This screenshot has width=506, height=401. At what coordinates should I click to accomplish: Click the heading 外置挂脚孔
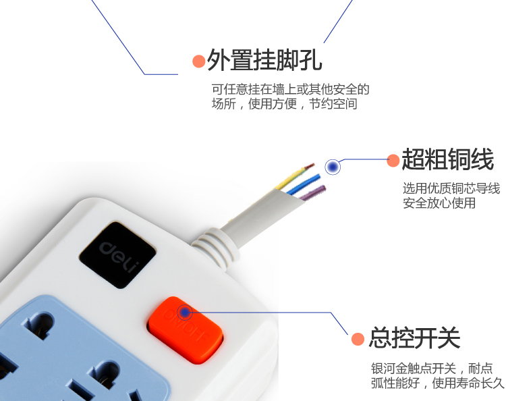[x=264, y=60]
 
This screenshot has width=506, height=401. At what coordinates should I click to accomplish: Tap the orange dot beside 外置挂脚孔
[x=199, y=61]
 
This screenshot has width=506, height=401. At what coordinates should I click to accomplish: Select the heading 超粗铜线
[x=448, y=159]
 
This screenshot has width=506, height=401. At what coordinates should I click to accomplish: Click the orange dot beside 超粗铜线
[x=393, y=161]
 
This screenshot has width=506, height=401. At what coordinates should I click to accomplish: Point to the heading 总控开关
[x=415, y=338]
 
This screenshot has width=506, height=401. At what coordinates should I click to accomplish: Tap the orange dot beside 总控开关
[x=358, y=339]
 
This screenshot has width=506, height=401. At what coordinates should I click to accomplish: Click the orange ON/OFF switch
[x=186, y=330]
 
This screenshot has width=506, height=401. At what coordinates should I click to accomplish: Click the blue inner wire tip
[x=318, y=177]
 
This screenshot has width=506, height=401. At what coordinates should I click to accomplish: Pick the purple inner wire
[x=312, y=192]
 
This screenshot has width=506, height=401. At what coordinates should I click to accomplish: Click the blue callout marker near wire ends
[x=333, y=167]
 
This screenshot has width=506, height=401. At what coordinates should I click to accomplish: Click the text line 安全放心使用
[x=439, y=203]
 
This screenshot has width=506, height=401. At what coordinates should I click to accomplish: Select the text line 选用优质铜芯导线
[x=451, y=188]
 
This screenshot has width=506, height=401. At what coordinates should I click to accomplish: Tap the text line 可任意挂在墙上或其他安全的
[x=290, y=89]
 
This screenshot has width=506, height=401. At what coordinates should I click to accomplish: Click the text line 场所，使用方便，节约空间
[x=285, y=104]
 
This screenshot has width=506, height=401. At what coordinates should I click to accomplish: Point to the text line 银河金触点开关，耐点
[x=432, y=368]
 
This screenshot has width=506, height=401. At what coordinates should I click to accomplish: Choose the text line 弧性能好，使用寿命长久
[x=438, y=383]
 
